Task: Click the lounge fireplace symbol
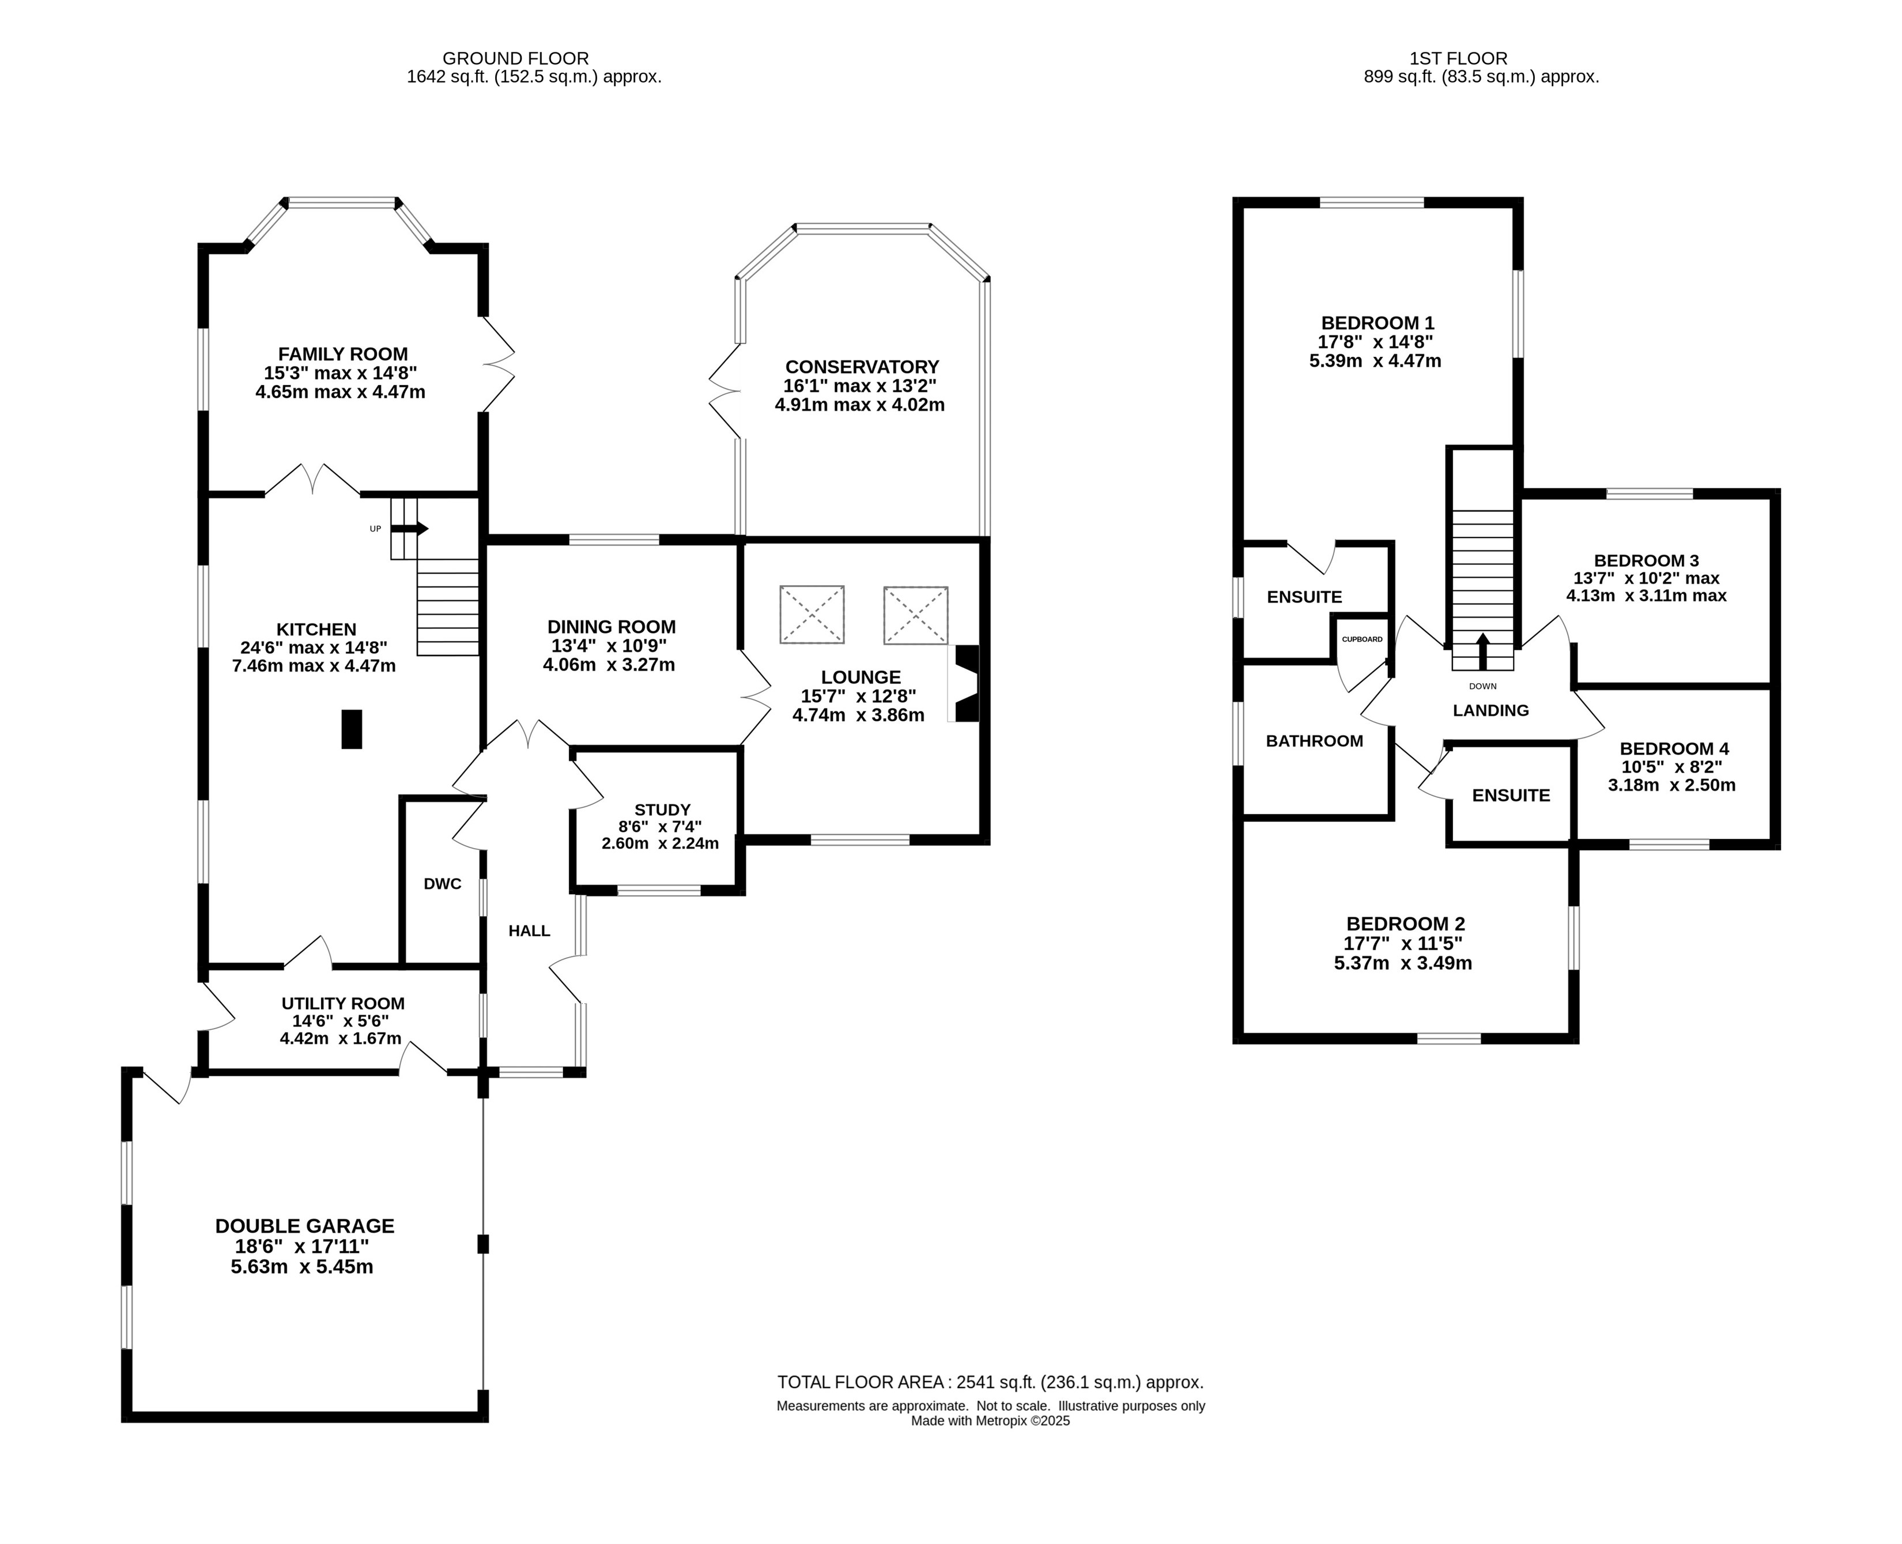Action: point(965,683)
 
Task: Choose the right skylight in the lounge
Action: point(916,615)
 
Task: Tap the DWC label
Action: point(443,884)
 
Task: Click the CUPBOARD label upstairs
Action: point(1363,639)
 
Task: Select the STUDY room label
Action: point(662,809)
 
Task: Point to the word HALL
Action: point(529,931)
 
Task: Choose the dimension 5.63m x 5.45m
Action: point(303,1267)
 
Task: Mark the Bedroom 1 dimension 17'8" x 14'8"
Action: point(1376,341)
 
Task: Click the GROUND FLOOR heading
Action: point(516,59)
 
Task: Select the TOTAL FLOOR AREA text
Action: point(991,1382)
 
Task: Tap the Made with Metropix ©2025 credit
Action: point(991,1421)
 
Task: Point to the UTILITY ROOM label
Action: point(344,1003)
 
